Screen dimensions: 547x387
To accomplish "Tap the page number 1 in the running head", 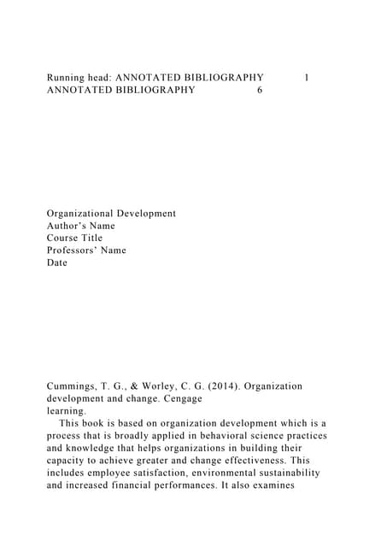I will [x=307, y=78].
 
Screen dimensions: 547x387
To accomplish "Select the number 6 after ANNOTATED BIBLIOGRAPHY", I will [x=260, y=91].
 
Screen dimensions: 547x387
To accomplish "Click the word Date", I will [x=57, y=263].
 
